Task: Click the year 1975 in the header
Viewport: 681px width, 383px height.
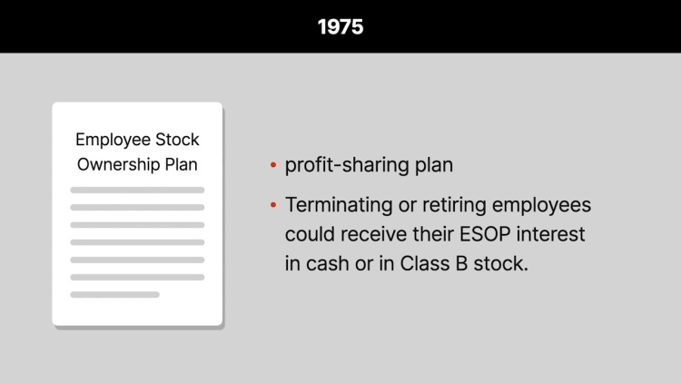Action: pos(340,27)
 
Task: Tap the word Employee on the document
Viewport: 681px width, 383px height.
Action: pos(113,141)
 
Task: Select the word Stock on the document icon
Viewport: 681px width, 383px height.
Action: pos(177,140)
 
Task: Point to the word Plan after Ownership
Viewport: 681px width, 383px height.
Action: pos(181,164)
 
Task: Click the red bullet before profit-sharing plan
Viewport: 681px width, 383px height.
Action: pos(273,164)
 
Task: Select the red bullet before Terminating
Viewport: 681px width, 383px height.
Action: pos(273,204)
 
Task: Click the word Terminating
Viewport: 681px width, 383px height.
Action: pos(339,205)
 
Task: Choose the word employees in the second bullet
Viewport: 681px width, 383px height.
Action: pos(541,205)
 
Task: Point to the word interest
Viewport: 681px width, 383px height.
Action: pos(551,234)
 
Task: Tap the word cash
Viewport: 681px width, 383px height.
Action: pos(328,263)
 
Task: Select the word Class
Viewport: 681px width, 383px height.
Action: pos(425,263)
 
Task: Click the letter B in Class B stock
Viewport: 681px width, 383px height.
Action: pos(461,263)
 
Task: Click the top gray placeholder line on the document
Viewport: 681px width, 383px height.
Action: pos(137,190)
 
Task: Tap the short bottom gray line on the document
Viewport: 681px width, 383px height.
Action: pos(114,294)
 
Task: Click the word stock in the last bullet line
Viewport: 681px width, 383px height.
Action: pos(500,263)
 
